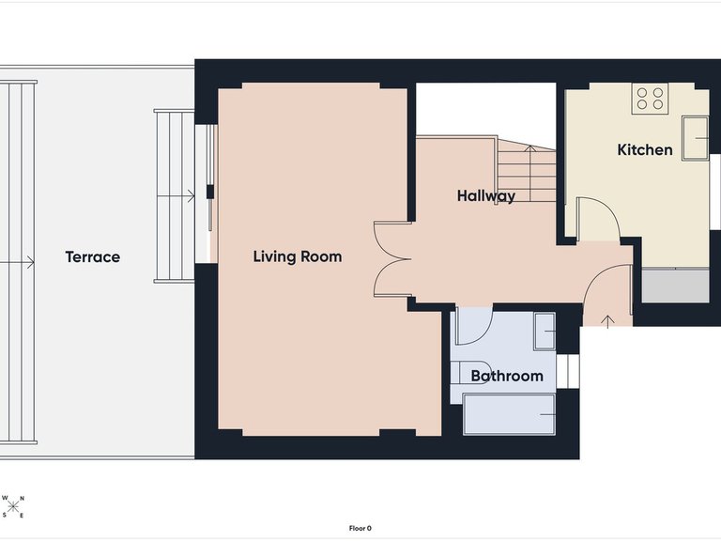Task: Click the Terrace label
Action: coord(92,256)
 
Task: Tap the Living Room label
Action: coord(298,256)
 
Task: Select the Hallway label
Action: coord(486,196)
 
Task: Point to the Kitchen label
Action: coord(645,149)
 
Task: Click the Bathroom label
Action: coord(507,377)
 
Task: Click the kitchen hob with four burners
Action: coord(650,99)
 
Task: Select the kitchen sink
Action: coord(696,138)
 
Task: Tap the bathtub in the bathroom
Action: coord(509,414)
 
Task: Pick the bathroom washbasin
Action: coord(545,332)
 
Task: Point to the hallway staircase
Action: coord(527,169)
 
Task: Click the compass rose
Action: coord(13,506)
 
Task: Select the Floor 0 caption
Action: coord(360,529)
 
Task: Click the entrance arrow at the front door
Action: coord(608,321)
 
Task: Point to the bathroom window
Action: coord(567,371)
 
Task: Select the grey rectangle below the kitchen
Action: coord(676,286)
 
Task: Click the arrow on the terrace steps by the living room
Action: coord(176,197)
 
